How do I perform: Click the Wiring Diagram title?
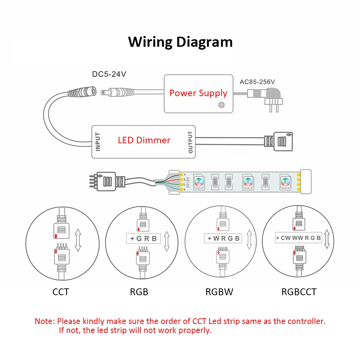pyautogui.click(x=180, y=42)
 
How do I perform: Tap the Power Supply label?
pyautogui.click(x=198, y=93)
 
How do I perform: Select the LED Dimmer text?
pyautogui.click(x=144, y=140)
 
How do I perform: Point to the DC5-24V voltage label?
pyautogui.click(x=109, y=75)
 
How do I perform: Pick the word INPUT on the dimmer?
pyautogui.click(x=98, y=142)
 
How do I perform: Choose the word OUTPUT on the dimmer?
pyautogui.click(x=190, y=142)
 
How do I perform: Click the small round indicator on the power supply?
pyautogui.click(x=222, y=105)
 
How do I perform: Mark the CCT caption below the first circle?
pyautogui.click(x=60, y=292)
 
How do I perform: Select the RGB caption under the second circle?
pyautogui.click(x=139, y=292)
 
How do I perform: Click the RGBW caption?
pyautogui.click(x=219, y=292)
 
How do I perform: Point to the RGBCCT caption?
pyautogui.click(x=299, y=292)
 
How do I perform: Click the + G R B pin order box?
pyautogui.click(x=143, y=238)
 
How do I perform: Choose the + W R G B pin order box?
pyautogui.click(x=223, y=238)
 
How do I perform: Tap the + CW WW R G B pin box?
pyautogui.click(x=298, y=238)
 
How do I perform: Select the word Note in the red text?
pyautogui.click(x=44, y=321)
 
